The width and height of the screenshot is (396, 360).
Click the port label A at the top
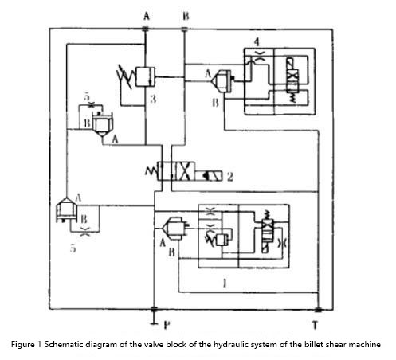(x=147, y=16)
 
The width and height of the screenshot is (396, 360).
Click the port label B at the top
(x=186, y=16)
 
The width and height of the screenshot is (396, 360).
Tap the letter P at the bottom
(x=167, y=325)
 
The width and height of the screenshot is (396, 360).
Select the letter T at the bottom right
(x=316, y=325)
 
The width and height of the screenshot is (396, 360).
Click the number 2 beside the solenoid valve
(x=230, y=177)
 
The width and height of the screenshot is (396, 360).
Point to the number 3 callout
(x=153, y=99)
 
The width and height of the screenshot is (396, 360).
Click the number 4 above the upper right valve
(x=257, y=42)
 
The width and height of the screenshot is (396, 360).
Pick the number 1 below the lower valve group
(x=225, y=283)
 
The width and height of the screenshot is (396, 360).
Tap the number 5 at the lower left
(x=73, y=248)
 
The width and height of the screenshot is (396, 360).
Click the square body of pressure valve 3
(x=145, y=76)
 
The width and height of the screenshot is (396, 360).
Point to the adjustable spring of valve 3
(x=125, y=76)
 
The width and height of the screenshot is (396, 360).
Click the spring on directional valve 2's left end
(x=151, y=171)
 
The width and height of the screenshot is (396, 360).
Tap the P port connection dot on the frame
(x=154, y=309)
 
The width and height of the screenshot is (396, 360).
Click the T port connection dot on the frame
(x=318, y=310)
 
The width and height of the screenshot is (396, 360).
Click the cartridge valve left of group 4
(x=222, y=81)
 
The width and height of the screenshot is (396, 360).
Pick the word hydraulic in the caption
(x=228, y=345)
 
